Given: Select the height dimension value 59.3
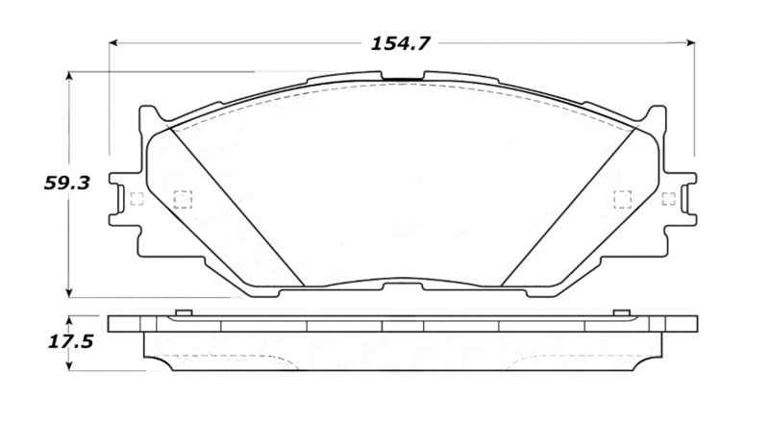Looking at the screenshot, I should tap(66, 182).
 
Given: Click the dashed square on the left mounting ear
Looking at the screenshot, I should tap(136, 199).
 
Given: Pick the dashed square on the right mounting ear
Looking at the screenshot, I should tap(669, 199).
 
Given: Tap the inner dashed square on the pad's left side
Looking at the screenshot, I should tap(182, 199).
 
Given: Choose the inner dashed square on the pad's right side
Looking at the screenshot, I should tap(623, 199).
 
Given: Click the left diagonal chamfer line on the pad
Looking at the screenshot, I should tap(236, 206).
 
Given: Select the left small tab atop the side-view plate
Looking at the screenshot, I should tap(182, 312).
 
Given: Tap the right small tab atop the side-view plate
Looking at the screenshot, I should tap(622, 312).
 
